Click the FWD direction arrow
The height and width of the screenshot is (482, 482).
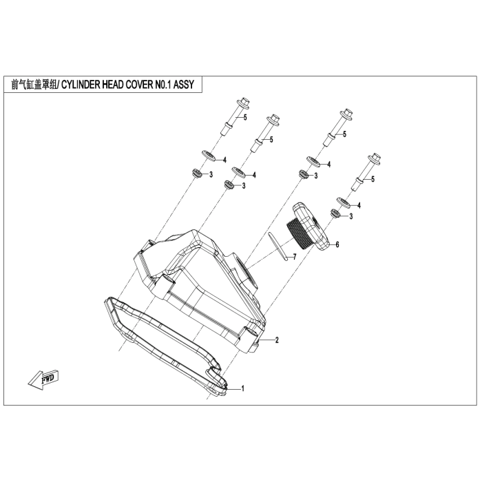tap(43, 379)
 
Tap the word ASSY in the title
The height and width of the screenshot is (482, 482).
tap(184, 84)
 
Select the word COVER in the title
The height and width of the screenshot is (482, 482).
tap(139, 84)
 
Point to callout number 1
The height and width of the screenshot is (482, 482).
tap(242, 388)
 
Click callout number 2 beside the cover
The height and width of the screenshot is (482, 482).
tap(277, 340)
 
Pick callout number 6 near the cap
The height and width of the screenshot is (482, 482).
tap(337, 244)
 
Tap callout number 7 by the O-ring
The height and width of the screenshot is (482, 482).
tap(295, 257)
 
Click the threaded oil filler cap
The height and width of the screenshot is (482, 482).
tap(308, 227)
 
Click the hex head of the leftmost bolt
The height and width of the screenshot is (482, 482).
tap(244, 103)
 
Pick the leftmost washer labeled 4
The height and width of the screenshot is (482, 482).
tap(209, 156)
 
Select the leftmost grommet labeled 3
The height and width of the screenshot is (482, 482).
tap(196, 173)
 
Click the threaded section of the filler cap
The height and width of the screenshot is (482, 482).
tap(299, 231)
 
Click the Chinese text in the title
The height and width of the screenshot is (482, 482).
tap(34, 84)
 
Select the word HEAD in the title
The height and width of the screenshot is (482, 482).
tap(113, 84)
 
